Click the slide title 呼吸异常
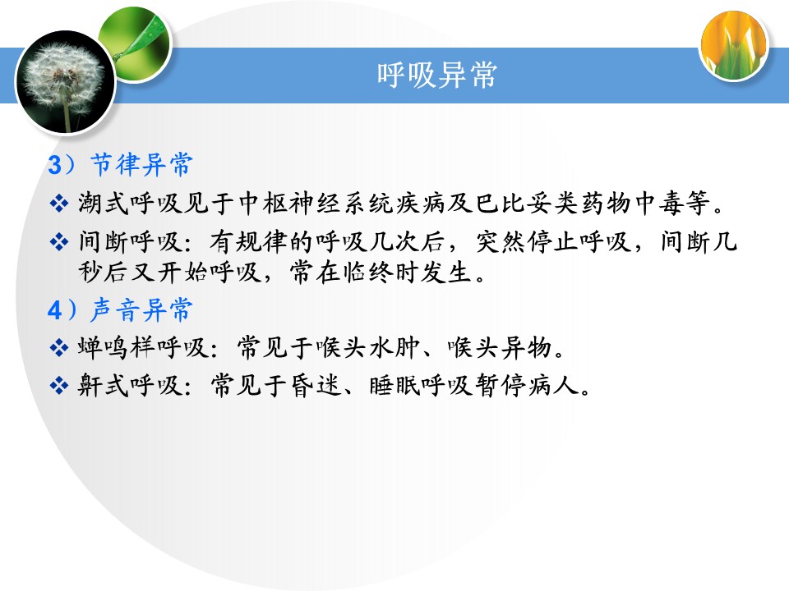pyautogui.click(x=436, y=76)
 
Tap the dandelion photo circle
pyautogui.click(x=66, y=82)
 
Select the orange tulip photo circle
pyautogui.click(x=734, y=46)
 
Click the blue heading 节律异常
pyautogui.click(x=142, y=164)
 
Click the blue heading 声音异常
pyautogui.click(x=142, y=309)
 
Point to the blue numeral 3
pyautogui.click(x=54, y=165)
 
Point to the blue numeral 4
pyautogui.click(x=54, y=310)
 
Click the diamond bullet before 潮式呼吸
pyautogui.click(x=59, y=204)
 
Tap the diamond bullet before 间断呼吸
pyautogui.click(x=59, y=242)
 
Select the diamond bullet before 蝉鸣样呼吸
pyautogui.click(x=59, y=348)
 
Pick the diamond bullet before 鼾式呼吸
pyautogui.click(x=59, y=386)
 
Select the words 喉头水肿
pyautogui.click(x=369, y=348)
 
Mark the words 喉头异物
pyautogui.click(x=501, y=348)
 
